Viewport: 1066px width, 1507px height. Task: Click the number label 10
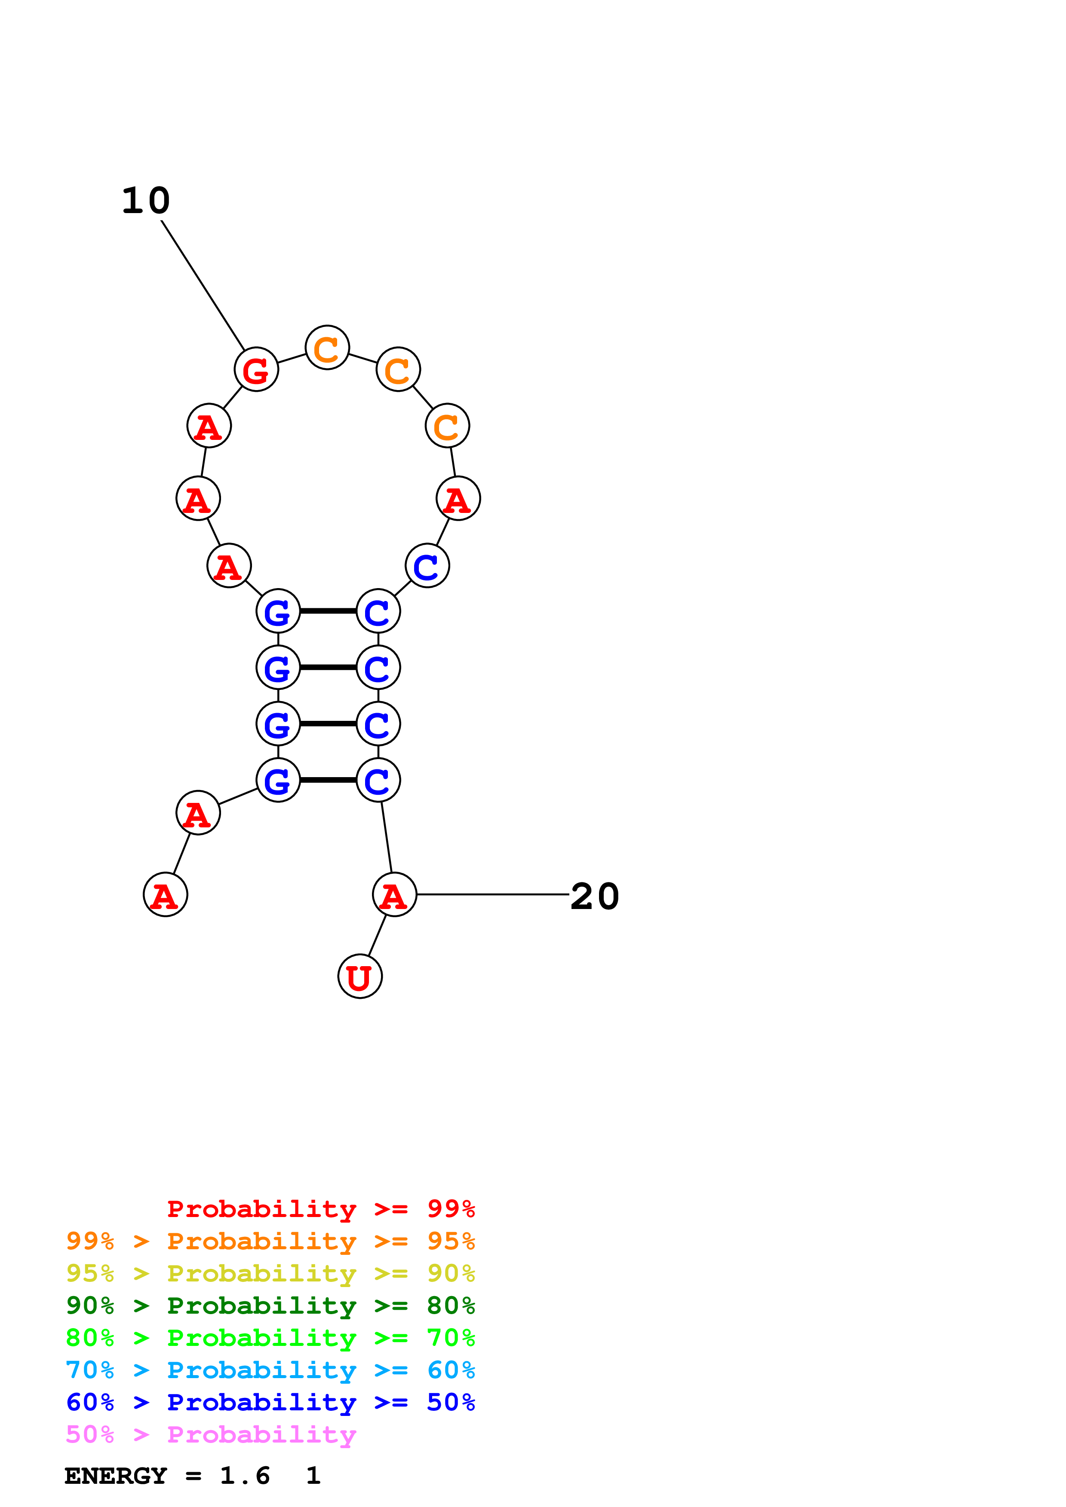click(146, 201)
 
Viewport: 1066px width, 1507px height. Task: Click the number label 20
click(594, 897)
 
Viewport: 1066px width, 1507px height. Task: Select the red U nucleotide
click(360, 976)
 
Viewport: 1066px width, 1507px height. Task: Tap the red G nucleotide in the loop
click(256, 369)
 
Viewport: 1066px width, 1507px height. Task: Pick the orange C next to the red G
click(327, 348)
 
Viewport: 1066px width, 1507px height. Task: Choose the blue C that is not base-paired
click(427, 566)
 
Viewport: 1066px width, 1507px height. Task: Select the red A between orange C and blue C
click(458, 499)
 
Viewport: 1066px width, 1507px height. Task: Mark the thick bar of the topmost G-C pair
click(328, 611)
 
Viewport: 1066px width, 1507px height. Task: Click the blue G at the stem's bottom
click(278, 781)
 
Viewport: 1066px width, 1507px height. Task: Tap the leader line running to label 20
click(493, 894)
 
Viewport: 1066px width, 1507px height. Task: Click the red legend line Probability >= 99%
click(320, 1209)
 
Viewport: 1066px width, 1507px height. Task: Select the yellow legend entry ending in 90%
click(270, 1273)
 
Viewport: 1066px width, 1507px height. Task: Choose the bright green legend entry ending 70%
click(270, 1338)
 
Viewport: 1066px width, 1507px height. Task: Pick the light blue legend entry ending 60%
click(270, 1370)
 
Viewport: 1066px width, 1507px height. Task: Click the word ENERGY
click(116, 1476)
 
